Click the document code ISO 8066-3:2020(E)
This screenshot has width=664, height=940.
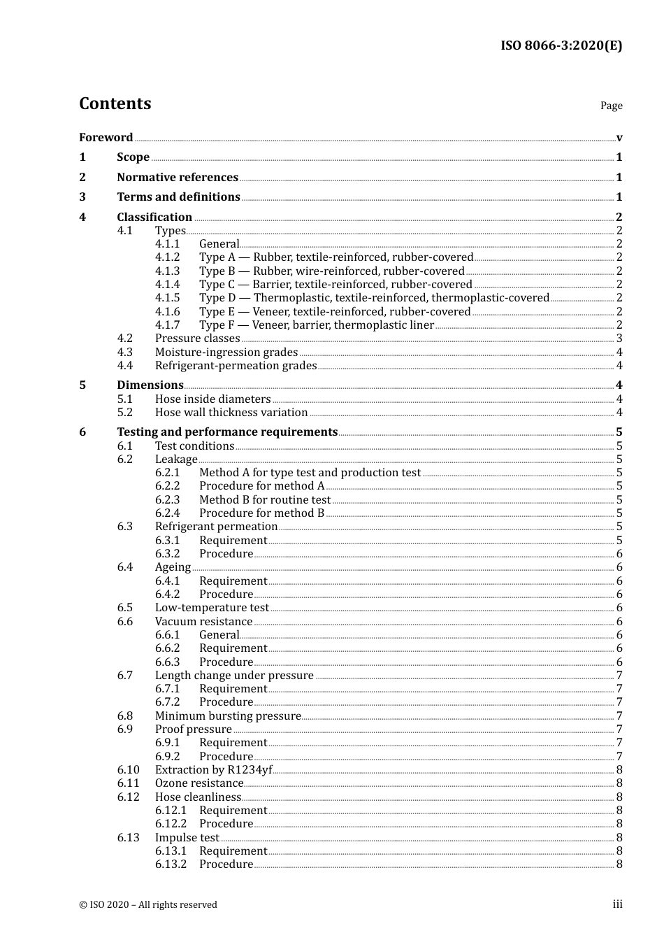pyautogui.click(x=561, y=46)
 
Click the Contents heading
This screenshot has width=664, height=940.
pyautogui.click(x=115, y=104)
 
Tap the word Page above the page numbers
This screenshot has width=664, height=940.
pyautogui.click(x=611, y=106)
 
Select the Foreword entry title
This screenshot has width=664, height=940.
pyautogui.click(x=106, y=138)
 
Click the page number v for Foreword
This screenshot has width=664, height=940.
pyautogui.click(x=619, y=138)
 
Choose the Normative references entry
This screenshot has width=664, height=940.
pyautogui.click(x=178, y=178)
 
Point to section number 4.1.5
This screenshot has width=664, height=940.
pyautogui.click(x=167, y=298)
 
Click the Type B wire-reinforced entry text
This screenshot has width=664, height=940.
pyautogui.click(x=331, y=271)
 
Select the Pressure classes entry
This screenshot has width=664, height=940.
pyautogui.click(x=197, y=339)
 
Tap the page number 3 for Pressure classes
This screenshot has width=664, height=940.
pyautogui.click(x=619, y=339)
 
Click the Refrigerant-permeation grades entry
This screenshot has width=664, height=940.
pyautogui.click(x=236, y=366)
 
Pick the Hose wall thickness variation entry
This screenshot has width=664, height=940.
pyautogui.click(x=231, y=413)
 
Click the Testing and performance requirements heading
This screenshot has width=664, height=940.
pyautogui.click(x=227, y=432)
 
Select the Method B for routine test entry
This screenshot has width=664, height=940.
pyautogui.click(x=265, y=500)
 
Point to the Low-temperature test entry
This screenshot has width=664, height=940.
pyautogui.click(x=212, y=608)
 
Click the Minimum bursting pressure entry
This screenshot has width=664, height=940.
pyautogui.click(x=228, y=716)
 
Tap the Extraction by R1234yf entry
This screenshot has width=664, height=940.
pyautogui.click(x=213, y=770)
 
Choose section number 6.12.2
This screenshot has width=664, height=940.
pyautogui.click(x=171, y=824)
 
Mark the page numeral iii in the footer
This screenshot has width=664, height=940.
pyautogui.click(x=617, y=904)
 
